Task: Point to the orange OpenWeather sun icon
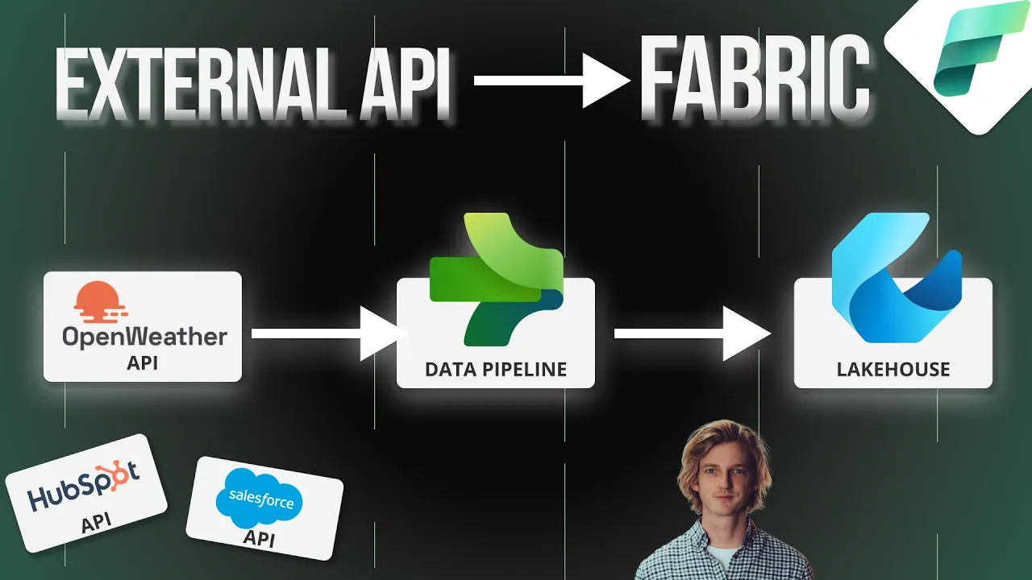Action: [x=101, y=302]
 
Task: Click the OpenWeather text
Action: [x=144, y=337]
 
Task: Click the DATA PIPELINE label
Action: [x=496, y=370]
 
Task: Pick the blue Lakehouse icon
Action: [x=895, y=274]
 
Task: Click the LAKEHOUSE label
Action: [x=893, y=370]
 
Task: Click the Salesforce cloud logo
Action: [x=260, y=499]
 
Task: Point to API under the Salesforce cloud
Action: [x=258, y=536]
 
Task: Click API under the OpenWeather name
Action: [x=143, y=362]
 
